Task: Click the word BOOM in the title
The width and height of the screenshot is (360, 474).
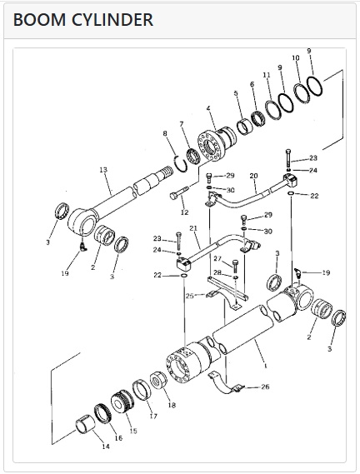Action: tap(39, 20)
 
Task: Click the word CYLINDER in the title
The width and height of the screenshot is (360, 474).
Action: tap(112, 20)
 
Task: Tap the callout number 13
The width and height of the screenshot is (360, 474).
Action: tap(103, 170)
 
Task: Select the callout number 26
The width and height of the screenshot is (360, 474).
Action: tap(265, 387)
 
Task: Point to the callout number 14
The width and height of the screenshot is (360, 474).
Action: tap(106, 447)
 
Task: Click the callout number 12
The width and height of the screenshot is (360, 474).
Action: tap(184, 212)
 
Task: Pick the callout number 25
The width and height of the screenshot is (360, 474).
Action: tap(190, 296)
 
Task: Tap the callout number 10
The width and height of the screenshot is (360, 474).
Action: tap(296, 57)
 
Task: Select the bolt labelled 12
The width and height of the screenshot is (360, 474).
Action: tap(179, 192)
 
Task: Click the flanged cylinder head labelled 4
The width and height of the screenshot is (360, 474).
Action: tap(215, 143)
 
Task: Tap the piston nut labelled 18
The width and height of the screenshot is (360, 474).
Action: tap(158, 380)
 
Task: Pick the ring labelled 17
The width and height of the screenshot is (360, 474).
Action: tap(142, 389)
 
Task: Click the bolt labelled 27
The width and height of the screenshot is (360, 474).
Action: tap(236, 266)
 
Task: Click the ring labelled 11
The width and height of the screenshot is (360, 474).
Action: tap(272, 109)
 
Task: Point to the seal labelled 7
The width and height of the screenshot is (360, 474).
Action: tap(193, 157)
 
